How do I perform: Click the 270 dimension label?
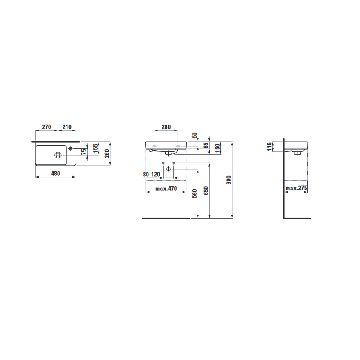point(46,127)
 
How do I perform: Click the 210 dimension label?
point(67,127)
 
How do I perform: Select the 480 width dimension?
point(55,174)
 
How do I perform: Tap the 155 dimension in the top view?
point(95,148)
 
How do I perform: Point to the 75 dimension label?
point(84,152)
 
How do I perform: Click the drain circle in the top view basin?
point(58,155)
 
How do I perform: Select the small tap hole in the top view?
point(71,148)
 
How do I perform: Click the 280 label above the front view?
point(166,127)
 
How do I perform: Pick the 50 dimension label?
point(195,135)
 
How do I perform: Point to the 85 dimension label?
point(206,145)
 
